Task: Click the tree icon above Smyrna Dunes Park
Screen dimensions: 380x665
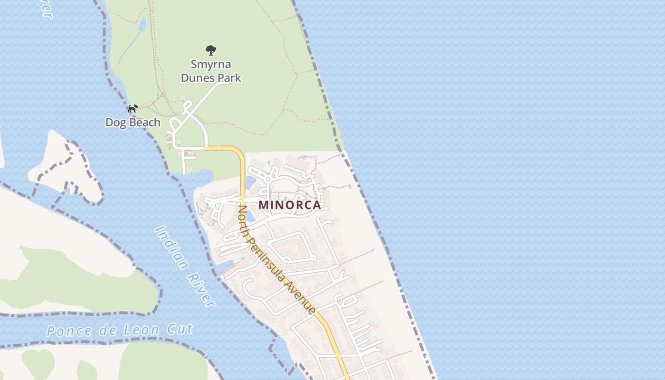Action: [211, 50]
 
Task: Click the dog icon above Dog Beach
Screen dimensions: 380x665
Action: [133, 109]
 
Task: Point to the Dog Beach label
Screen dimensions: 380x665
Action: [133, 123]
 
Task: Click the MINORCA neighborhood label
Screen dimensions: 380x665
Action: [290, 206]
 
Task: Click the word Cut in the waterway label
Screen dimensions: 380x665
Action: [180, 329]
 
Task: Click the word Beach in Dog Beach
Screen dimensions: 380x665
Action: [144, 123]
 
